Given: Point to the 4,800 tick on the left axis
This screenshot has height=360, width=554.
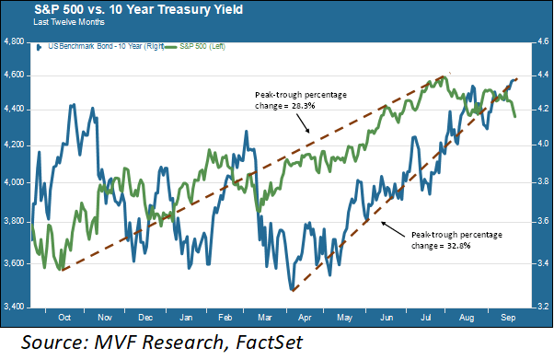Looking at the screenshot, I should (x=14, y=42).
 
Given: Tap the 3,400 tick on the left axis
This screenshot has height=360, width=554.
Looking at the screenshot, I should (x=14, y=306).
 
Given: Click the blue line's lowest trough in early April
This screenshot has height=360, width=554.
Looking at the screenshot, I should (x=292, y=290).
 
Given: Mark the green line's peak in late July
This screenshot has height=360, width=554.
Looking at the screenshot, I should (x=441, y=77).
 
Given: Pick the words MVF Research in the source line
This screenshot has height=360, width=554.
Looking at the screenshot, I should (x=165, y=343).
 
